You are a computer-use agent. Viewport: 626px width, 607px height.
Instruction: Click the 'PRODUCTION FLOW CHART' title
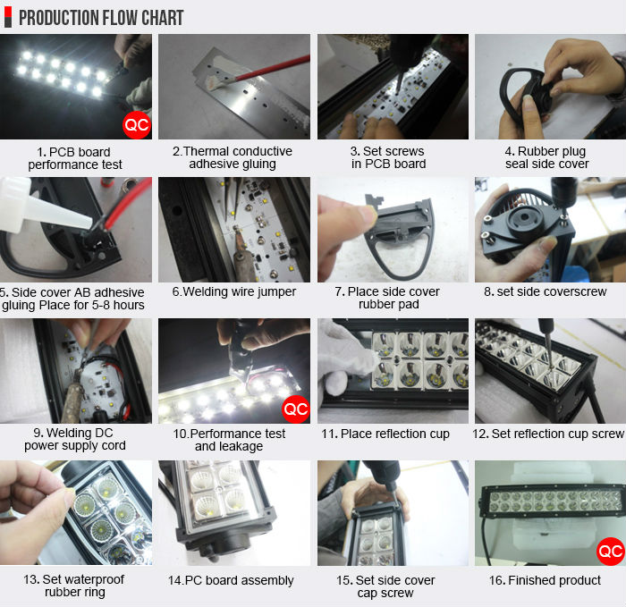click(x=101, y=18)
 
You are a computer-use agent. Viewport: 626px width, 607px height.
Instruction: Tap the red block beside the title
click(x=8, y=13)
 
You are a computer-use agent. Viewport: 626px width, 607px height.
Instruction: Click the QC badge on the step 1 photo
click(x=137, y=125)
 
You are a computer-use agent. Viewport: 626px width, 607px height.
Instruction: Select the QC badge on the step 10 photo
click(x=296, y=409)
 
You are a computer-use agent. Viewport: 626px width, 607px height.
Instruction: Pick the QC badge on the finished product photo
click(x=611, y=552)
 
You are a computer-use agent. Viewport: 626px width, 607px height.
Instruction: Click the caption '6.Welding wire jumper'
click(x=234, y=291)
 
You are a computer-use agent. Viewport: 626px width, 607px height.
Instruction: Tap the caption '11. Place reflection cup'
click(x=385, y=434)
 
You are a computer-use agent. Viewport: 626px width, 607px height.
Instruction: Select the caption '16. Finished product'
click(x=545, y=580)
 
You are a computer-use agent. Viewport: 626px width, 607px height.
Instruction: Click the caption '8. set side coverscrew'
click(x=545, y=291)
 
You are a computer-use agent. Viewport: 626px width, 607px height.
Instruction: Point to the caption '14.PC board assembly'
click(x=231, y=580)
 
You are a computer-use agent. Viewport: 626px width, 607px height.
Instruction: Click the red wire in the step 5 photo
click(x=129, y=205)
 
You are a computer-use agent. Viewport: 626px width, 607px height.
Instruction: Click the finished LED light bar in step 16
click(x=552, y=502)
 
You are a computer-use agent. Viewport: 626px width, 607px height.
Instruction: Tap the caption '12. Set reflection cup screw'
click(x=548, y=434)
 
